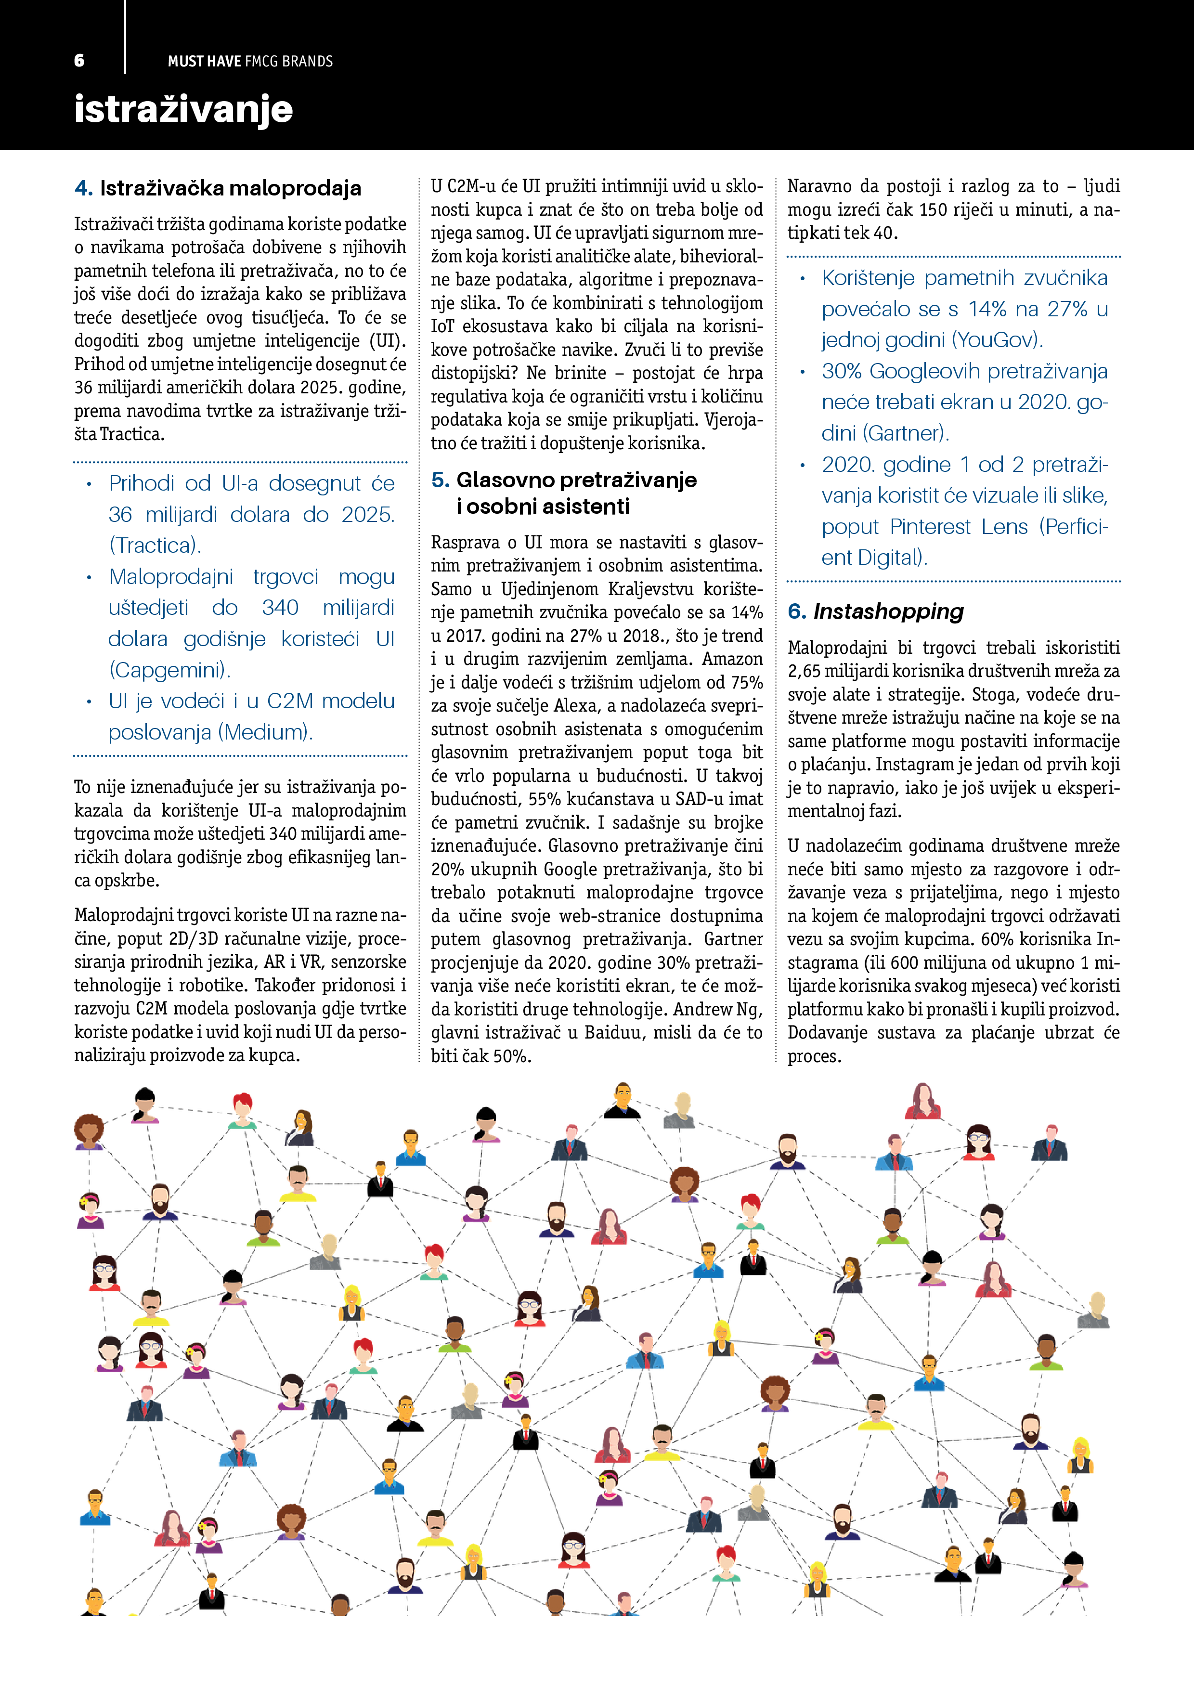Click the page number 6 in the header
pos(79,61)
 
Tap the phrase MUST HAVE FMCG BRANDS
pos(250,62)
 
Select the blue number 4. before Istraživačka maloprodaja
pos(83,188)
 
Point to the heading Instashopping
pos(888,611)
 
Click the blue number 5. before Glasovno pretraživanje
pos(440,481)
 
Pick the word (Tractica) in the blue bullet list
pos(155,545)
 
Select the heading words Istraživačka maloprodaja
pos(230,188)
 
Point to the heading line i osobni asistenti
pos(543,507)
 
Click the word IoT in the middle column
pos(442,326)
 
